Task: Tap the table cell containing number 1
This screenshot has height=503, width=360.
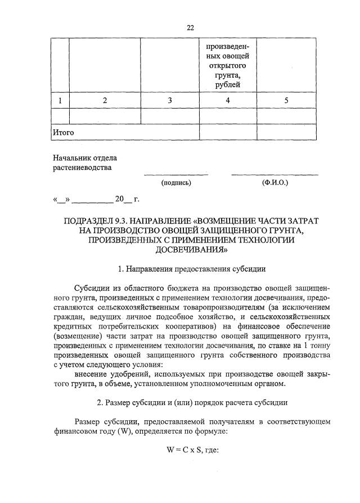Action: tap(60, 101)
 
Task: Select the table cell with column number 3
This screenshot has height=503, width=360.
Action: tap(169, 101)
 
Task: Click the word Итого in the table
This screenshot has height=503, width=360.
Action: tap(63, 133)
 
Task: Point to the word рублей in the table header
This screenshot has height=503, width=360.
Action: tap(228, 85)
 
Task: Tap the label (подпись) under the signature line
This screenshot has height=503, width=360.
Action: tap(176, 183)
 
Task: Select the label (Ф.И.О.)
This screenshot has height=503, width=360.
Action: tap(274, 183)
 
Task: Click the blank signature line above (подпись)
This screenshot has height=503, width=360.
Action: tap(176, 174)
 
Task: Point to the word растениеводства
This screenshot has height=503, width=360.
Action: tap(82, 167)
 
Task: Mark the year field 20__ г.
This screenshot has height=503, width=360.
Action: tap(127, 199)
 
